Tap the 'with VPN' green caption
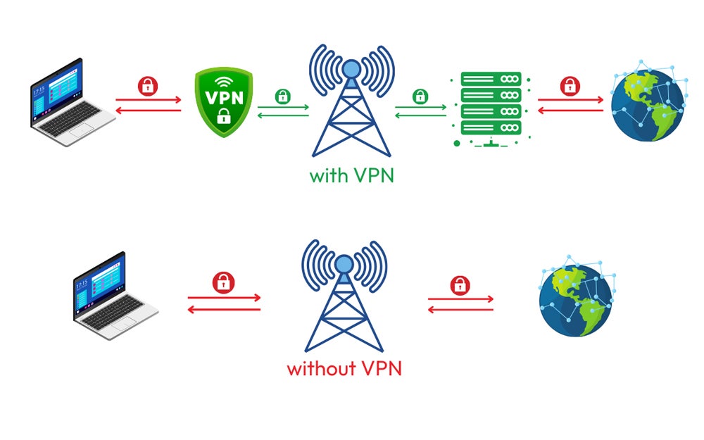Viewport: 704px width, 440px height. click(351, 174)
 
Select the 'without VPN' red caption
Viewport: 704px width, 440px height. click(344, 367)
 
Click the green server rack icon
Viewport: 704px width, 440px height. click(491, 107)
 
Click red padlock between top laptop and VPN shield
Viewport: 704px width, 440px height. click(148, 86)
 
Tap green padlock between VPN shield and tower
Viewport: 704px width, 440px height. click(282, 96)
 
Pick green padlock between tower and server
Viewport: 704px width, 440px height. click(420, 96)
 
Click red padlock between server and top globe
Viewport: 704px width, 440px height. click(570, 86)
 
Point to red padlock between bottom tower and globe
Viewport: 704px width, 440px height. click(460, 285)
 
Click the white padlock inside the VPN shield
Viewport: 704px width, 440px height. click(224, 117)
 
